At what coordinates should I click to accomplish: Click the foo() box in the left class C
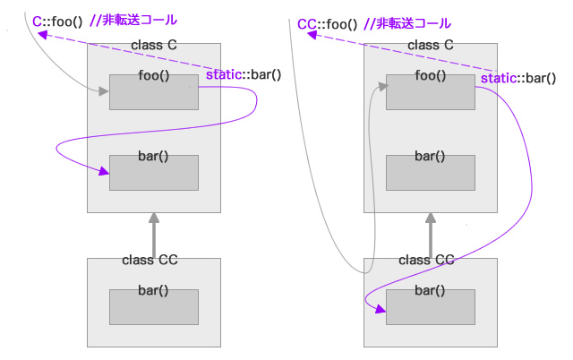click(153, 92)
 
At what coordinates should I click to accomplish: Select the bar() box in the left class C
click(153, 172)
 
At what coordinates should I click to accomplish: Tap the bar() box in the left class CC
click(153, 306)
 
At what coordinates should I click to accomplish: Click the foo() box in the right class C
click(430, 92)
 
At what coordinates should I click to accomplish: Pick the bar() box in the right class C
click(430, 172)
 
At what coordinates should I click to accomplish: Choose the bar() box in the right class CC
click(430, 306)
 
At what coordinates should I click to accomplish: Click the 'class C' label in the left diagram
click(154, 46)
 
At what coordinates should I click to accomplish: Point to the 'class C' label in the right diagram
click(431, 46)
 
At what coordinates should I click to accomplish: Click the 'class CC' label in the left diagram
click(150, 260)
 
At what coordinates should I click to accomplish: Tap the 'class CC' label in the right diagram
click(426, 260)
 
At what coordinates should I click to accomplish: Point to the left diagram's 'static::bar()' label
click(244, 74)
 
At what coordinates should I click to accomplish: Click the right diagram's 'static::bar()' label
click(518, 78)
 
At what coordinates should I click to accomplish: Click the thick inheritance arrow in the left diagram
click(153, 235)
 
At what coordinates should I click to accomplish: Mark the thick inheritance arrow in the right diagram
click(430, 235)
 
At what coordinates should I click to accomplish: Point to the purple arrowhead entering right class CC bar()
click(381, 311)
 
